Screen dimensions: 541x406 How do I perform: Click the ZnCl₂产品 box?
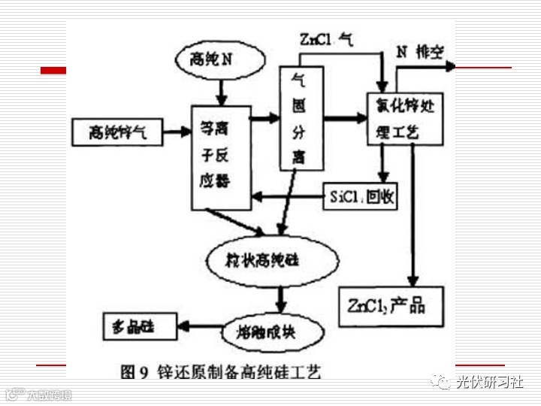point(386,306)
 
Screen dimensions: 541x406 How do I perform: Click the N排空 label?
point(421,52)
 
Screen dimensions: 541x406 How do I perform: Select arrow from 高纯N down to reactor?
point(221,92)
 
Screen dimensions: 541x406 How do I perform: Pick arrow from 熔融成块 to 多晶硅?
point(200,326)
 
